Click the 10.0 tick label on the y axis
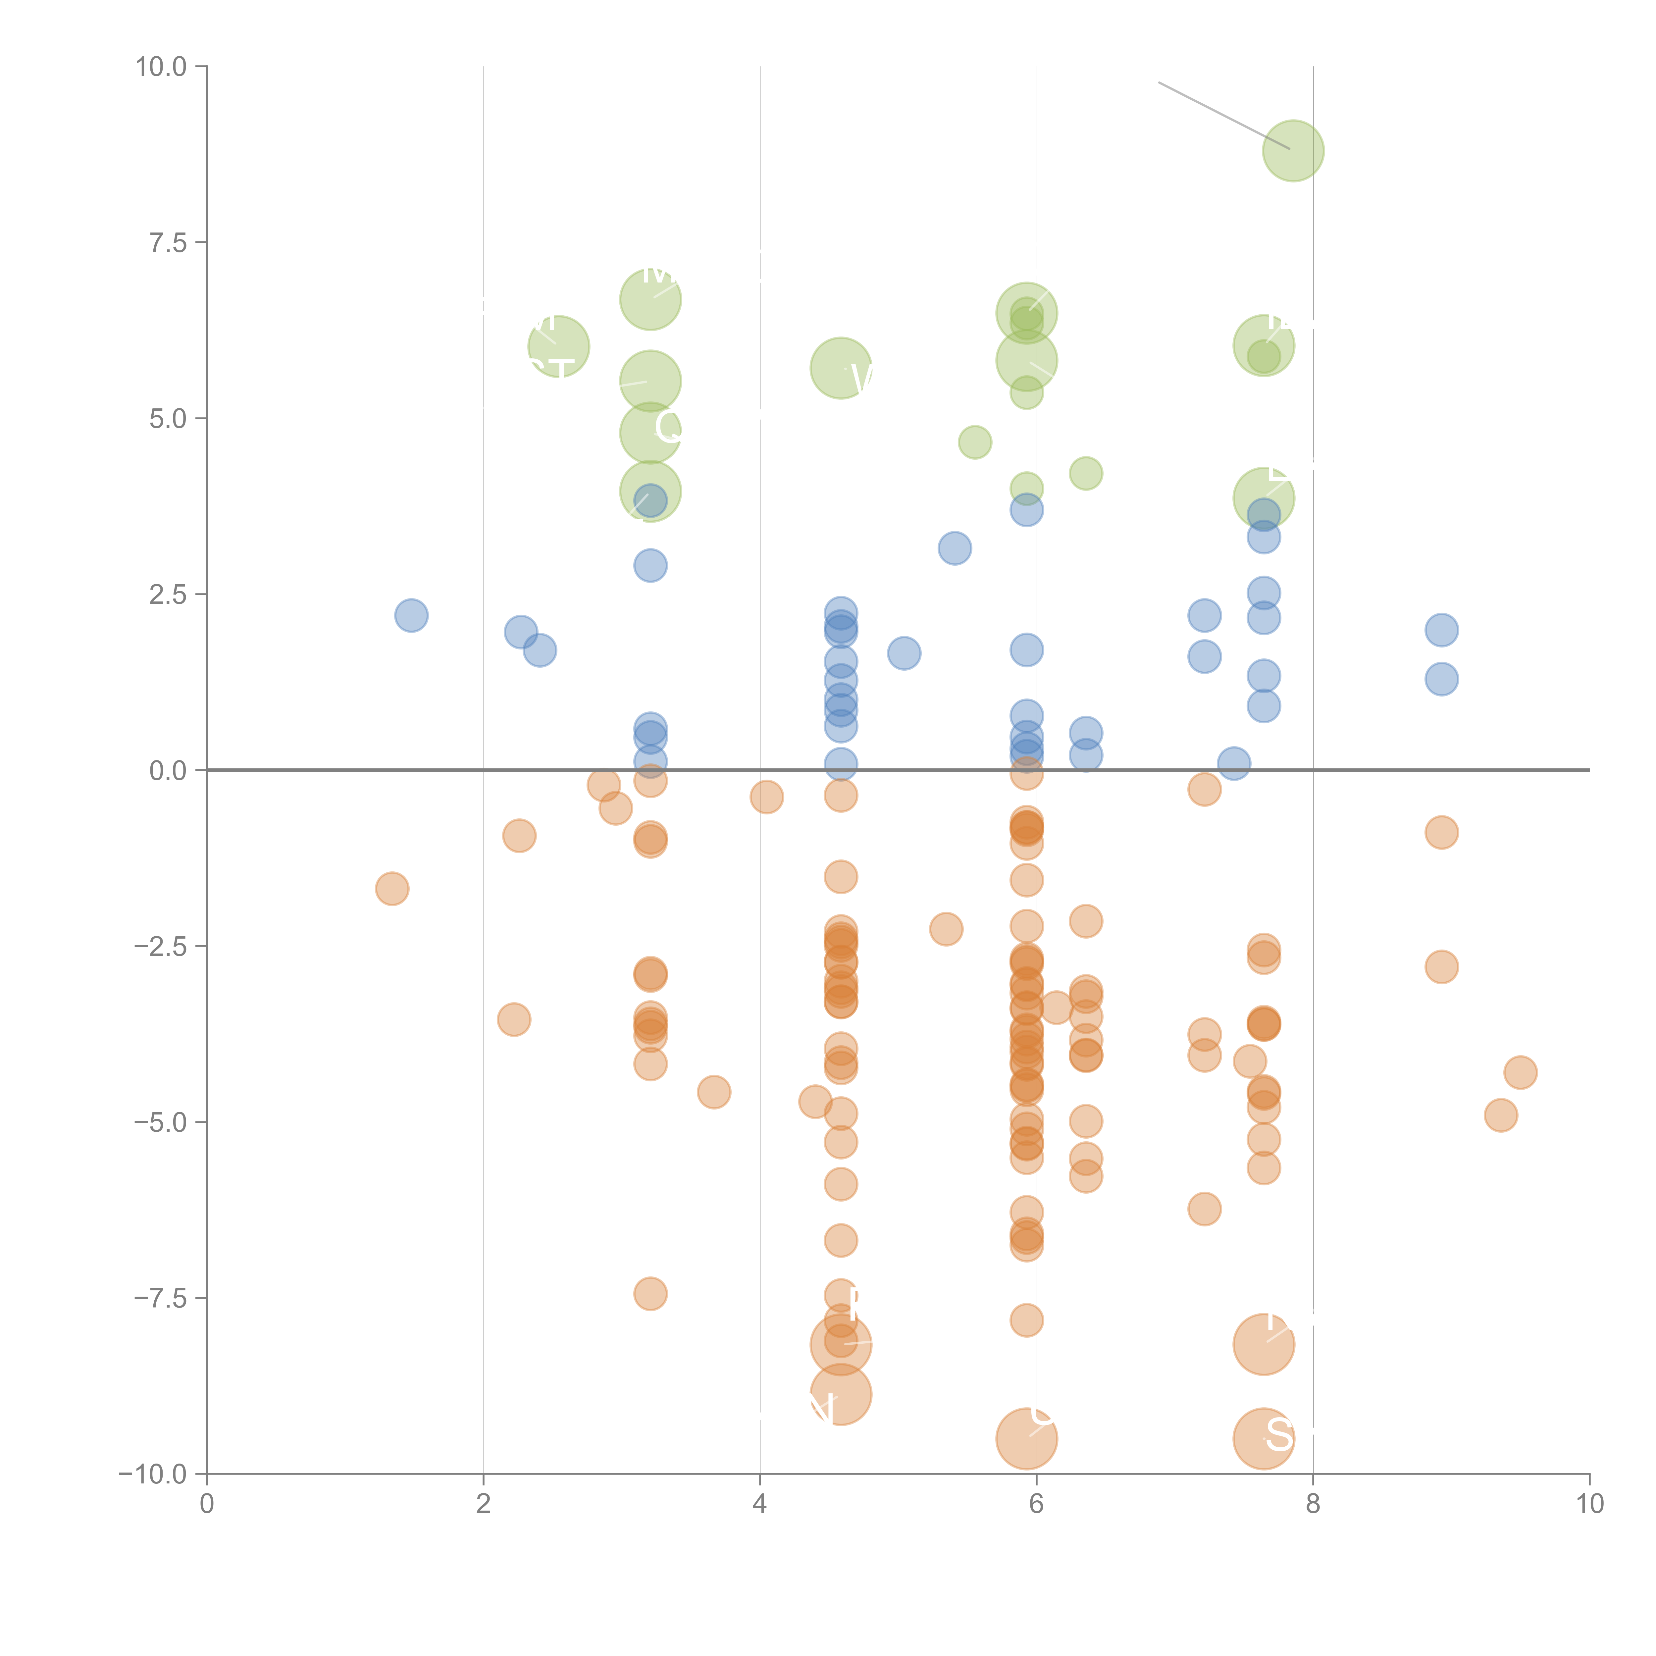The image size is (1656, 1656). click(161, 67)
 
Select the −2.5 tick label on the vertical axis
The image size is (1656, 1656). click(161, 946)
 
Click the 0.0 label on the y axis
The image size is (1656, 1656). click(168, 771)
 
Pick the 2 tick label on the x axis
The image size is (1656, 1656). click(484, 1503)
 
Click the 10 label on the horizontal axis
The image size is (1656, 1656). click(1589, 1503)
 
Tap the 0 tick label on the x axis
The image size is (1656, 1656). click(207, 1503)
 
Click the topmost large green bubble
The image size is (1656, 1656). click(1293, 151)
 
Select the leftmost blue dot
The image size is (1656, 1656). click(411, 615)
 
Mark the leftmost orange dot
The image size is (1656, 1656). click(392, 889)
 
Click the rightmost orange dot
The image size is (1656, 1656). click(1520, 1072)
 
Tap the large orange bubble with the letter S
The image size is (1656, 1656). click(1264, 1438)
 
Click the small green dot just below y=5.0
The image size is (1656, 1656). click(975, 442)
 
